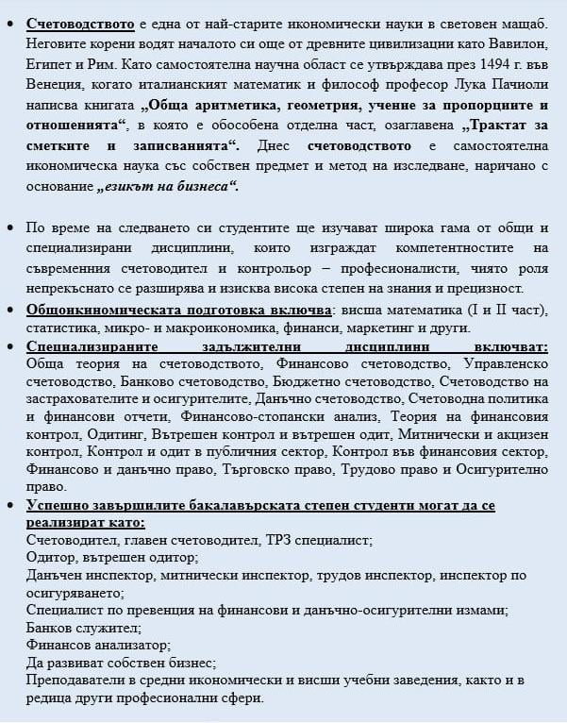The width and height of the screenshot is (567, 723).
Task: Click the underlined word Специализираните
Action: [96, 346]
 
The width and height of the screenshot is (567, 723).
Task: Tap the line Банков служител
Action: [83, 628]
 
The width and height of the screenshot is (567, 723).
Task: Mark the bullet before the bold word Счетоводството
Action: [10, 23]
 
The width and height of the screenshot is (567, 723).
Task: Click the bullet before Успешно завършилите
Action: [10, 507]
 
